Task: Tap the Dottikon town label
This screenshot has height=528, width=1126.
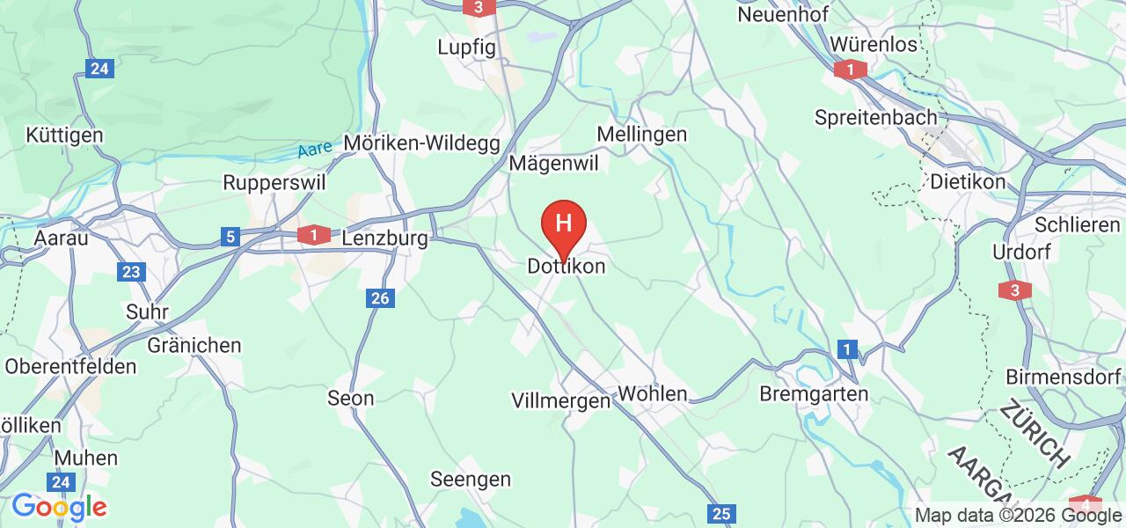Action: [566, 266]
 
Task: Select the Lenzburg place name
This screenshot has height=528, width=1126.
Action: [384, 238]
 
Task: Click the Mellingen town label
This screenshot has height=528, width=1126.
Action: [641, 135]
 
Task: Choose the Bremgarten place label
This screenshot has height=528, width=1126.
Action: [813, 393]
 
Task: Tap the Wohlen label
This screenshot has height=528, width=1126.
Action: [653, 393]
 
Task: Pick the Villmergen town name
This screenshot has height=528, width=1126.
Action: [560, 400]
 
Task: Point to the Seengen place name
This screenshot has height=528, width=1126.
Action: [470, 480]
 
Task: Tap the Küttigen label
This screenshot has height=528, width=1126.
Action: [64, 136]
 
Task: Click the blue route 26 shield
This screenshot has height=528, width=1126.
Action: [380, 299]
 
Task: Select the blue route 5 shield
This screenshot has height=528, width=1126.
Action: [230, 237]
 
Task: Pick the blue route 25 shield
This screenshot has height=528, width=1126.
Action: [720, 514]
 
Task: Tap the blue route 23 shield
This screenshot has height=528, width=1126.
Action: [131, 272]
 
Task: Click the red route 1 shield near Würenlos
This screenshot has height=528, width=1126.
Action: [851, 70]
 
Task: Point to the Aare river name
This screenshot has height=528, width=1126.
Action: [314, 150]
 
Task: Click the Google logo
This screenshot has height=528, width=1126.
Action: [59, 507]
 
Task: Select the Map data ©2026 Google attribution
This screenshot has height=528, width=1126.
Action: [1018, 516]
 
